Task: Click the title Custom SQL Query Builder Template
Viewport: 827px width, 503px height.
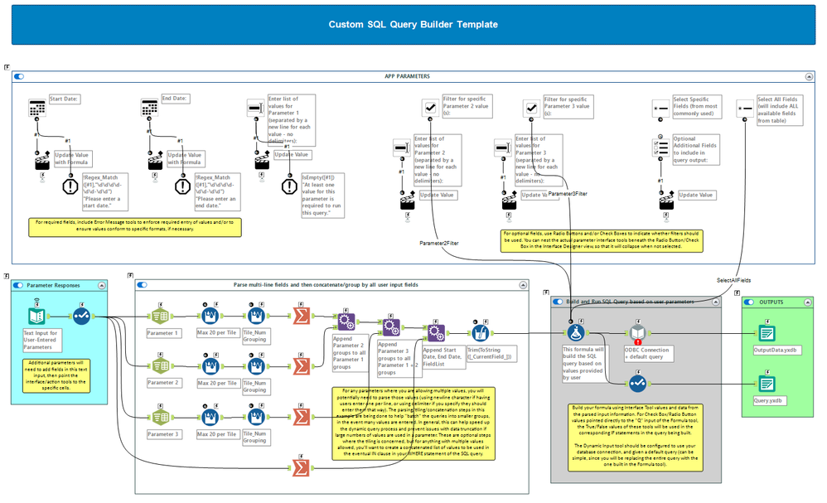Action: pos(413,25)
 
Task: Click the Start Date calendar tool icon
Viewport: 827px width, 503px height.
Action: pos(36,109)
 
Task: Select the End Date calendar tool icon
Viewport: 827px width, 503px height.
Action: pos(150,109)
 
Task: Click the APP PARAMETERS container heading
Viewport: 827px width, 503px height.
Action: pos(407,76)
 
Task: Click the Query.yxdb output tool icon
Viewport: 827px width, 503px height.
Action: pos(765,384)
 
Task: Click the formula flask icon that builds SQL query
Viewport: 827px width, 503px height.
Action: pos(578,332)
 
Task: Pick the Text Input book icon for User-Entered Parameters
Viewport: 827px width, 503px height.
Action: pos(36,316)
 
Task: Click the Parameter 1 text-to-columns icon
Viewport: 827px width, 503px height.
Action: pos(160,316)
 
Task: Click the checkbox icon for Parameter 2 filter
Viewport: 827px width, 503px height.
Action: pos(431,109)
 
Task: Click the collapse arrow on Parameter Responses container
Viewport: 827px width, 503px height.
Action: pos(102,285)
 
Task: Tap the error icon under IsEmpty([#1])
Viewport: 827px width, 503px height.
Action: pos(289,186)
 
